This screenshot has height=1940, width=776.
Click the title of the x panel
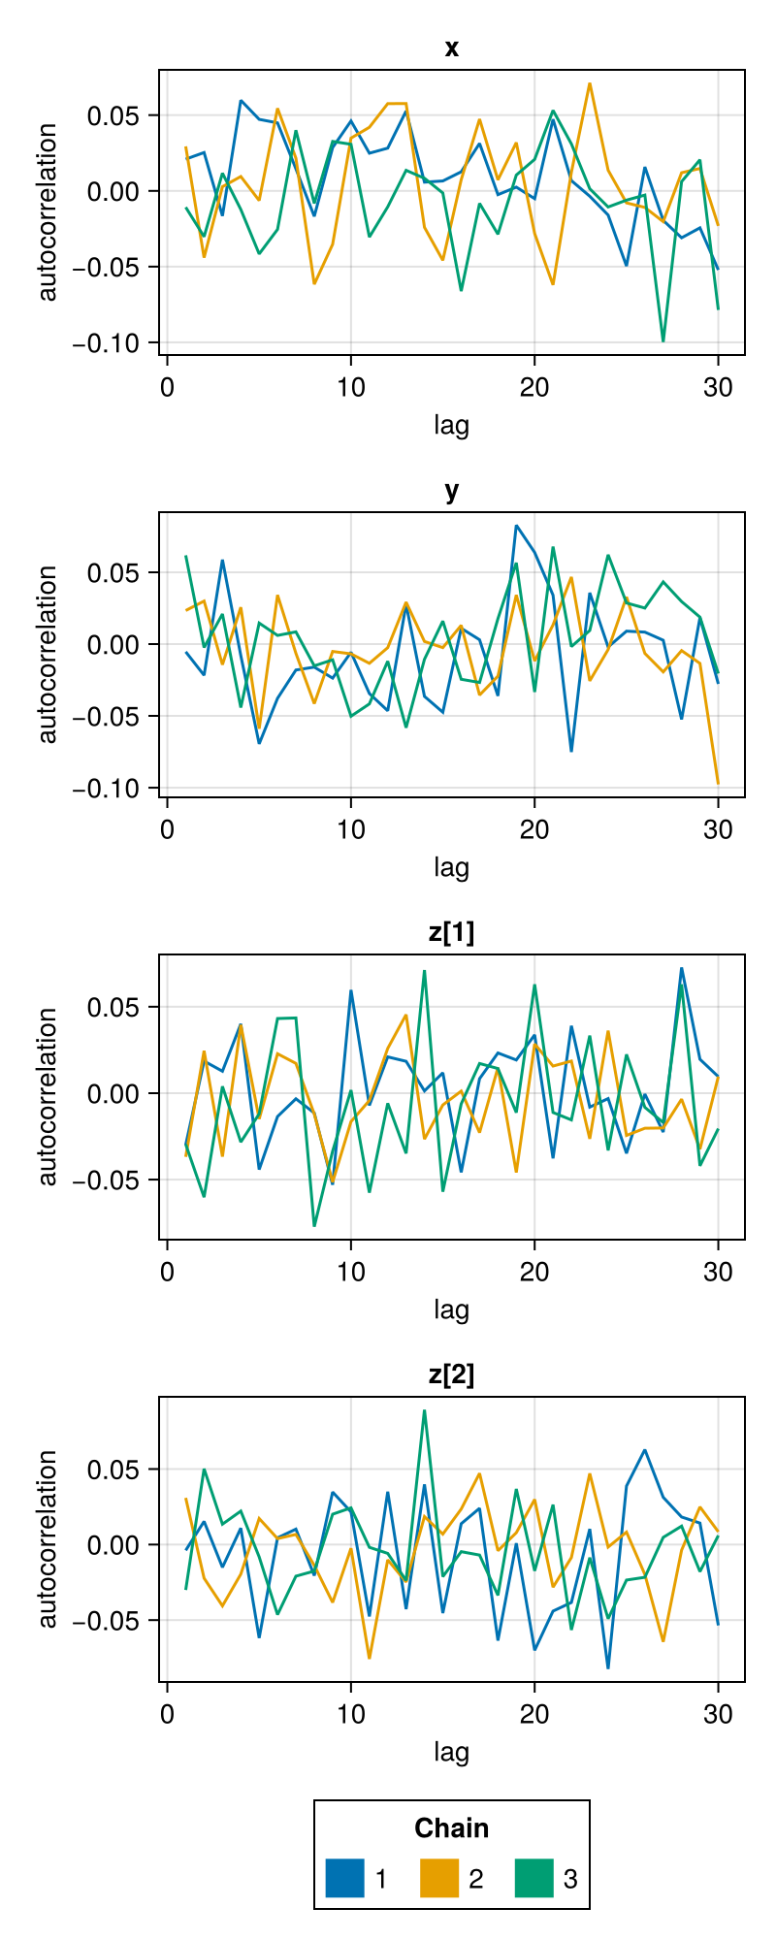451,48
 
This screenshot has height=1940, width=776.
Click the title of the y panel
451,491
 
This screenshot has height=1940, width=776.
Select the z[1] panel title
451,932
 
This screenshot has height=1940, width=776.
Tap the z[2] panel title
451,1374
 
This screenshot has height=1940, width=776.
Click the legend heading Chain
451,1828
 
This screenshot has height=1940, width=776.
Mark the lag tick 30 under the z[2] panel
718,1714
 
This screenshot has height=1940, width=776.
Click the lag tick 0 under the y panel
167,829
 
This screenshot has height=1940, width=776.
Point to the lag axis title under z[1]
451,1309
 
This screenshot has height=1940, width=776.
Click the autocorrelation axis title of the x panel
47,212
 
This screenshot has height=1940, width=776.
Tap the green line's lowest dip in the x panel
663,340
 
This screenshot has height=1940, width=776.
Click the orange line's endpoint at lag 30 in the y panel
718,783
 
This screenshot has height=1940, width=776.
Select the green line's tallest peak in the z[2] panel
424,1410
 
